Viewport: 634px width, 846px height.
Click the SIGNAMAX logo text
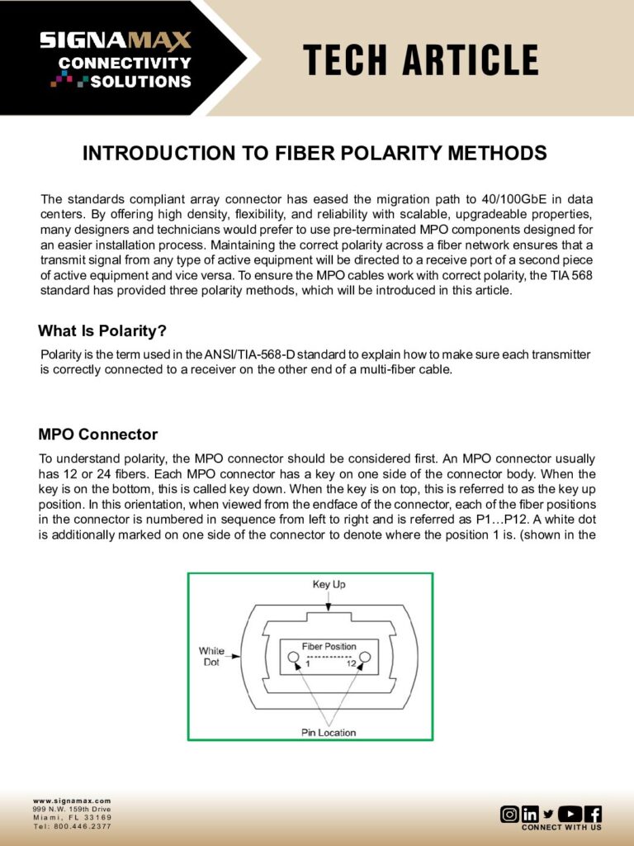(116, 40)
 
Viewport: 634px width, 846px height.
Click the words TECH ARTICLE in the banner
(421, 60)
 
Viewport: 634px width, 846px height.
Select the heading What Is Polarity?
(102, 331)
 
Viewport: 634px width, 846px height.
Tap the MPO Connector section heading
(97, 435)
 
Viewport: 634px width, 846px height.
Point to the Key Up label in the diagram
(329, 584)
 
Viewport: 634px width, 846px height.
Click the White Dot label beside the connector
(211, 657)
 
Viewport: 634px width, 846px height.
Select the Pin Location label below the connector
(329, 732)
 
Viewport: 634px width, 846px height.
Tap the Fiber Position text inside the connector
(329, 646)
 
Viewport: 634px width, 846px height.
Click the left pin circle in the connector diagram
(293, 658)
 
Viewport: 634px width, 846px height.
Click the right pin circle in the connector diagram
(366, 658)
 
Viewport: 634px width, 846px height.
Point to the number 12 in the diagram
(352, 664)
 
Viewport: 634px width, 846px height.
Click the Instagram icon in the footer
(509, 814)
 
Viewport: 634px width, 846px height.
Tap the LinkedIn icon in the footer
(530, 814)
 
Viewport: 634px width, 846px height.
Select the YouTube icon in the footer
(570, 814)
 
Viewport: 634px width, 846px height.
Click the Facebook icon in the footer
(593, 814)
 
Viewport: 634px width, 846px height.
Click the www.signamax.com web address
(72, 801)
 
